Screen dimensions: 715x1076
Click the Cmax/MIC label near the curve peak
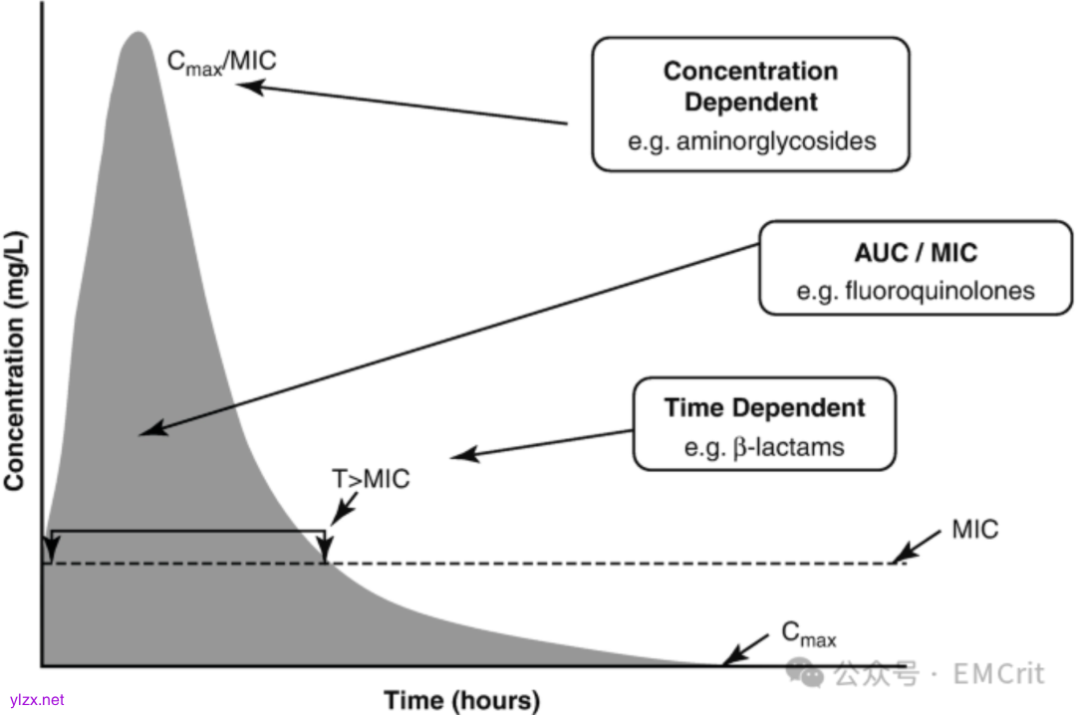221,62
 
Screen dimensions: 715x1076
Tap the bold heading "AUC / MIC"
916,253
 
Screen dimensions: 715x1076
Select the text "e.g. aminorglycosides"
751,140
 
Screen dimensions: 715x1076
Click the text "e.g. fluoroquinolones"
916,291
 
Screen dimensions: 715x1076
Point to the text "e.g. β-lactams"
763,446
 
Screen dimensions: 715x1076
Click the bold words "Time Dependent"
764,407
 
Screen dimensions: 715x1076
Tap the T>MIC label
371,479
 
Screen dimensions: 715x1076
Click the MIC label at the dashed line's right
974,529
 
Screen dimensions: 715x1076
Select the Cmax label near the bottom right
807,632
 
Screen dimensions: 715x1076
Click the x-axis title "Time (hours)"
461,699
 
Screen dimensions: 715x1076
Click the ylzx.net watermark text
37,700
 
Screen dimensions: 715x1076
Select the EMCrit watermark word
997,673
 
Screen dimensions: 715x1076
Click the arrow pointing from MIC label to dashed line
915,547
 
